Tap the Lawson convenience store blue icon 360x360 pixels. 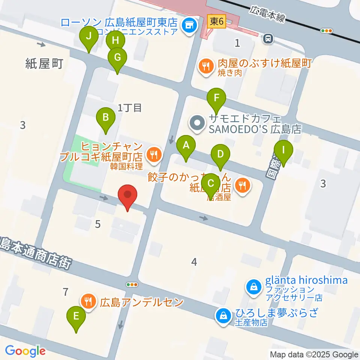(188, 25)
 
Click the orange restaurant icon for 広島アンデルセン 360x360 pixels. (88, 301)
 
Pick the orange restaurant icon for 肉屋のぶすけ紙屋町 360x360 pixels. (205, 67)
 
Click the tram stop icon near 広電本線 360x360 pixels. (268, 37)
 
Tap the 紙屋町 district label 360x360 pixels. (44, 64)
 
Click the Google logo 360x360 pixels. (25, 351)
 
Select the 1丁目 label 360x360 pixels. (129, 108)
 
